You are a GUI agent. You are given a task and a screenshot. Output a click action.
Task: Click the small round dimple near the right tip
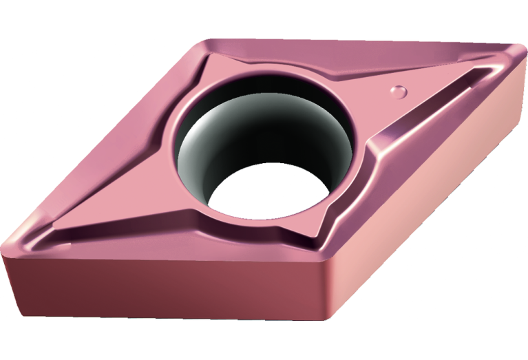click(x=397, y=90)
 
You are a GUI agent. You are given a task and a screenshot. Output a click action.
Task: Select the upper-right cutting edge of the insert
click(x=358, y=43)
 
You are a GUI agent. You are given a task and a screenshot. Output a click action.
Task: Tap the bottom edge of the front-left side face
click(x=172, y=318)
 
